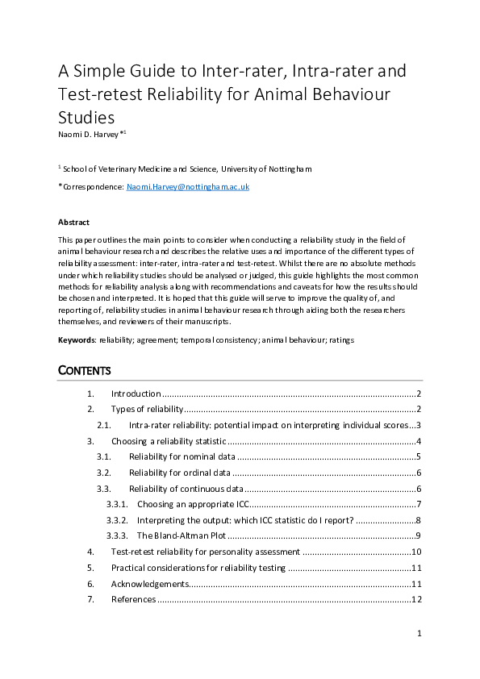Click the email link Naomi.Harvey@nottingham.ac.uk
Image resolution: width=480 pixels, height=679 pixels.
[188, 186]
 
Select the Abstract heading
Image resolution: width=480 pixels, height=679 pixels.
[73, 222]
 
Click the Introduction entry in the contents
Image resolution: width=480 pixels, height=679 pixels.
[136, 394]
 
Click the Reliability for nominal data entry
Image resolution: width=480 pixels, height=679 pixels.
[182, 456]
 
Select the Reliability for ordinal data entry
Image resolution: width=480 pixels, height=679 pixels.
[180, 473]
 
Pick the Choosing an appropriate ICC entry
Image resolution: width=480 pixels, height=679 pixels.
[192, 504]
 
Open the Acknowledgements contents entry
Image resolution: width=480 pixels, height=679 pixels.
[150, 583]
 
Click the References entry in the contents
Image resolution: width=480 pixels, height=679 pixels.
[133, 599]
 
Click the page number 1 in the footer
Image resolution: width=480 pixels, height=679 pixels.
[419, 634]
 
